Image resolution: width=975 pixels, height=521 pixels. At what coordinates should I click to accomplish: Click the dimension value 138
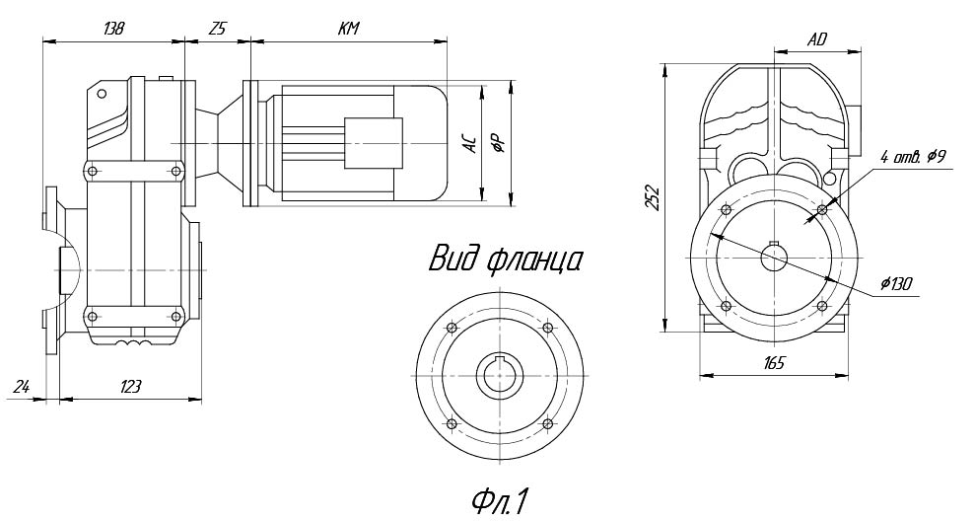point(113,29)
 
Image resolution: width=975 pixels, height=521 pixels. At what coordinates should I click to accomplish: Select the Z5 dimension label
point(217,29)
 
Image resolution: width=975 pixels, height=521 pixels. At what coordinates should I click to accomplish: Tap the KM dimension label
point(347,29)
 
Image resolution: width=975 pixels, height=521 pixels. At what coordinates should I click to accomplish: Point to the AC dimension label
point(471,144)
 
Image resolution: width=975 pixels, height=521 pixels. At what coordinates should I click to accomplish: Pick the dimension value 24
point(21,386)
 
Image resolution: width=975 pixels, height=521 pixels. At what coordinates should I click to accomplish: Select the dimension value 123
point(129,386)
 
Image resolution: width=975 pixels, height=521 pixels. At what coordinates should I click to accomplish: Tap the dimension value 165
point(773,362)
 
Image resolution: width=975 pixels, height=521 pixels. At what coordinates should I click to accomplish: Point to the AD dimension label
point(815,39)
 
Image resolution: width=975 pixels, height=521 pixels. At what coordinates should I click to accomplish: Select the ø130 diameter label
point(897,284)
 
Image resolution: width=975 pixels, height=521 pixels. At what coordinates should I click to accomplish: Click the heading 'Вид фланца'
point(504,260)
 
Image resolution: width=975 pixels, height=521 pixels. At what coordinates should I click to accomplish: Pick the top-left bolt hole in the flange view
point(452,329)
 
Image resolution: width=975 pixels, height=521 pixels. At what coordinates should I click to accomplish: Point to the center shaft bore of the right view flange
point(774,258)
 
